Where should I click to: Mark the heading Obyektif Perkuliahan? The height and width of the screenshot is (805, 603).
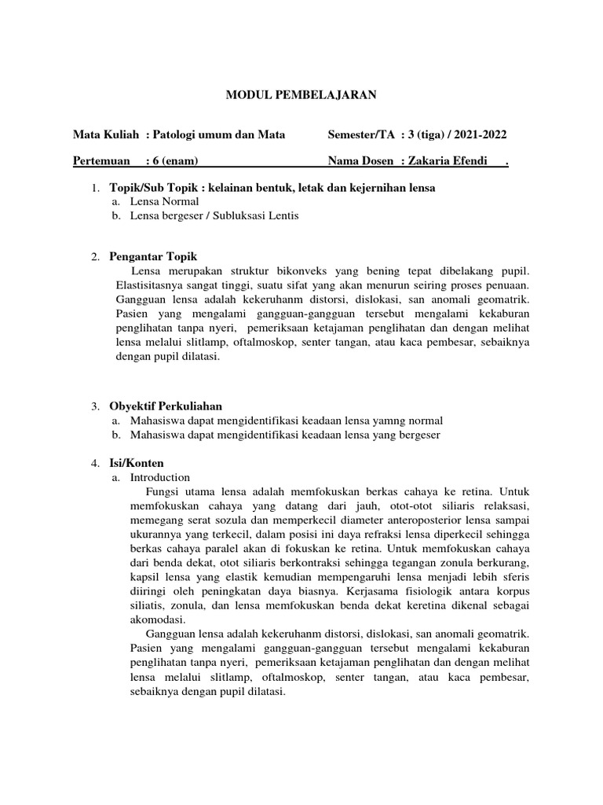166,406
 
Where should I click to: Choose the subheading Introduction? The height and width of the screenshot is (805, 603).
160,477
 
